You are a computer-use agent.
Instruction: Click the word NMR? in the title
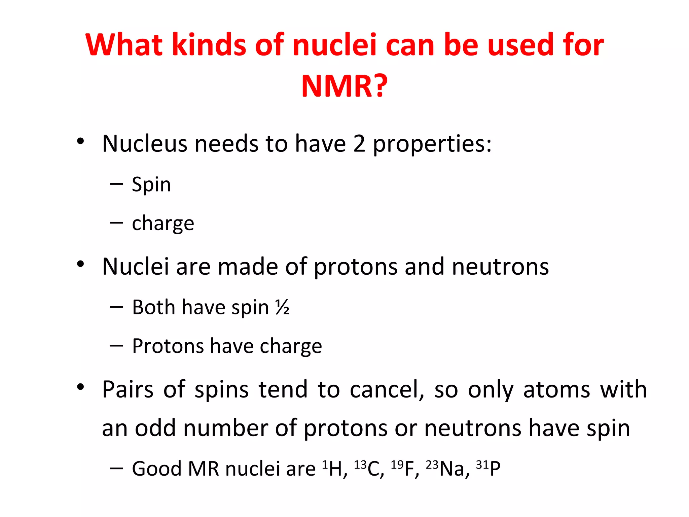point(344,86)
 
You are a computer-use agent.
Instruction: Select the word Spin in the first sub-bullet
point(151,185)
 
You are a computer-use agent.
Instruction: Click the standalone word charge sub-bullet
point(163,223)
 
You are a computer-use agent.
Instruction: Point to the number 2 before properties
point(359,144)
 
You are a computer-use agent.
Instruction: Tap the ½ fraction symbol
point(282,307)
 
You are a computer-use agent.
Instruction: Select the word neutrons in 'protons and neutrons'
point(500,267)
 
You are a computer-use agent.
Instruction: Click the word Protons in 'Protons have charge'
point(168,346)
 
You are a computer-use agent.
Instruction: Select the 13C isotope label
point(369,468)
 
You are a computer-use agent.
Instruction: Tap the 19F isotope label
point(405,468)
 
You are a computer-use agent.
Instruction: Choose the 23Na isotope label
point(447,468)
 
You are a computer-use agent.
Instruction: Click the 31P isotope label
point(488,468)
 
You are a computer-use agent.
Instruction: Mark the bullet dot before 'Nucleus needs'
point(80,141)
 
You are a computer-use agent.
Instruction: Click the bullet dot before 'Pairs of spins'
point(80,387)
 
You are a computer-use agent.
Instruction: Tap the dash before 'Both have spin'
point(116,307)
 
